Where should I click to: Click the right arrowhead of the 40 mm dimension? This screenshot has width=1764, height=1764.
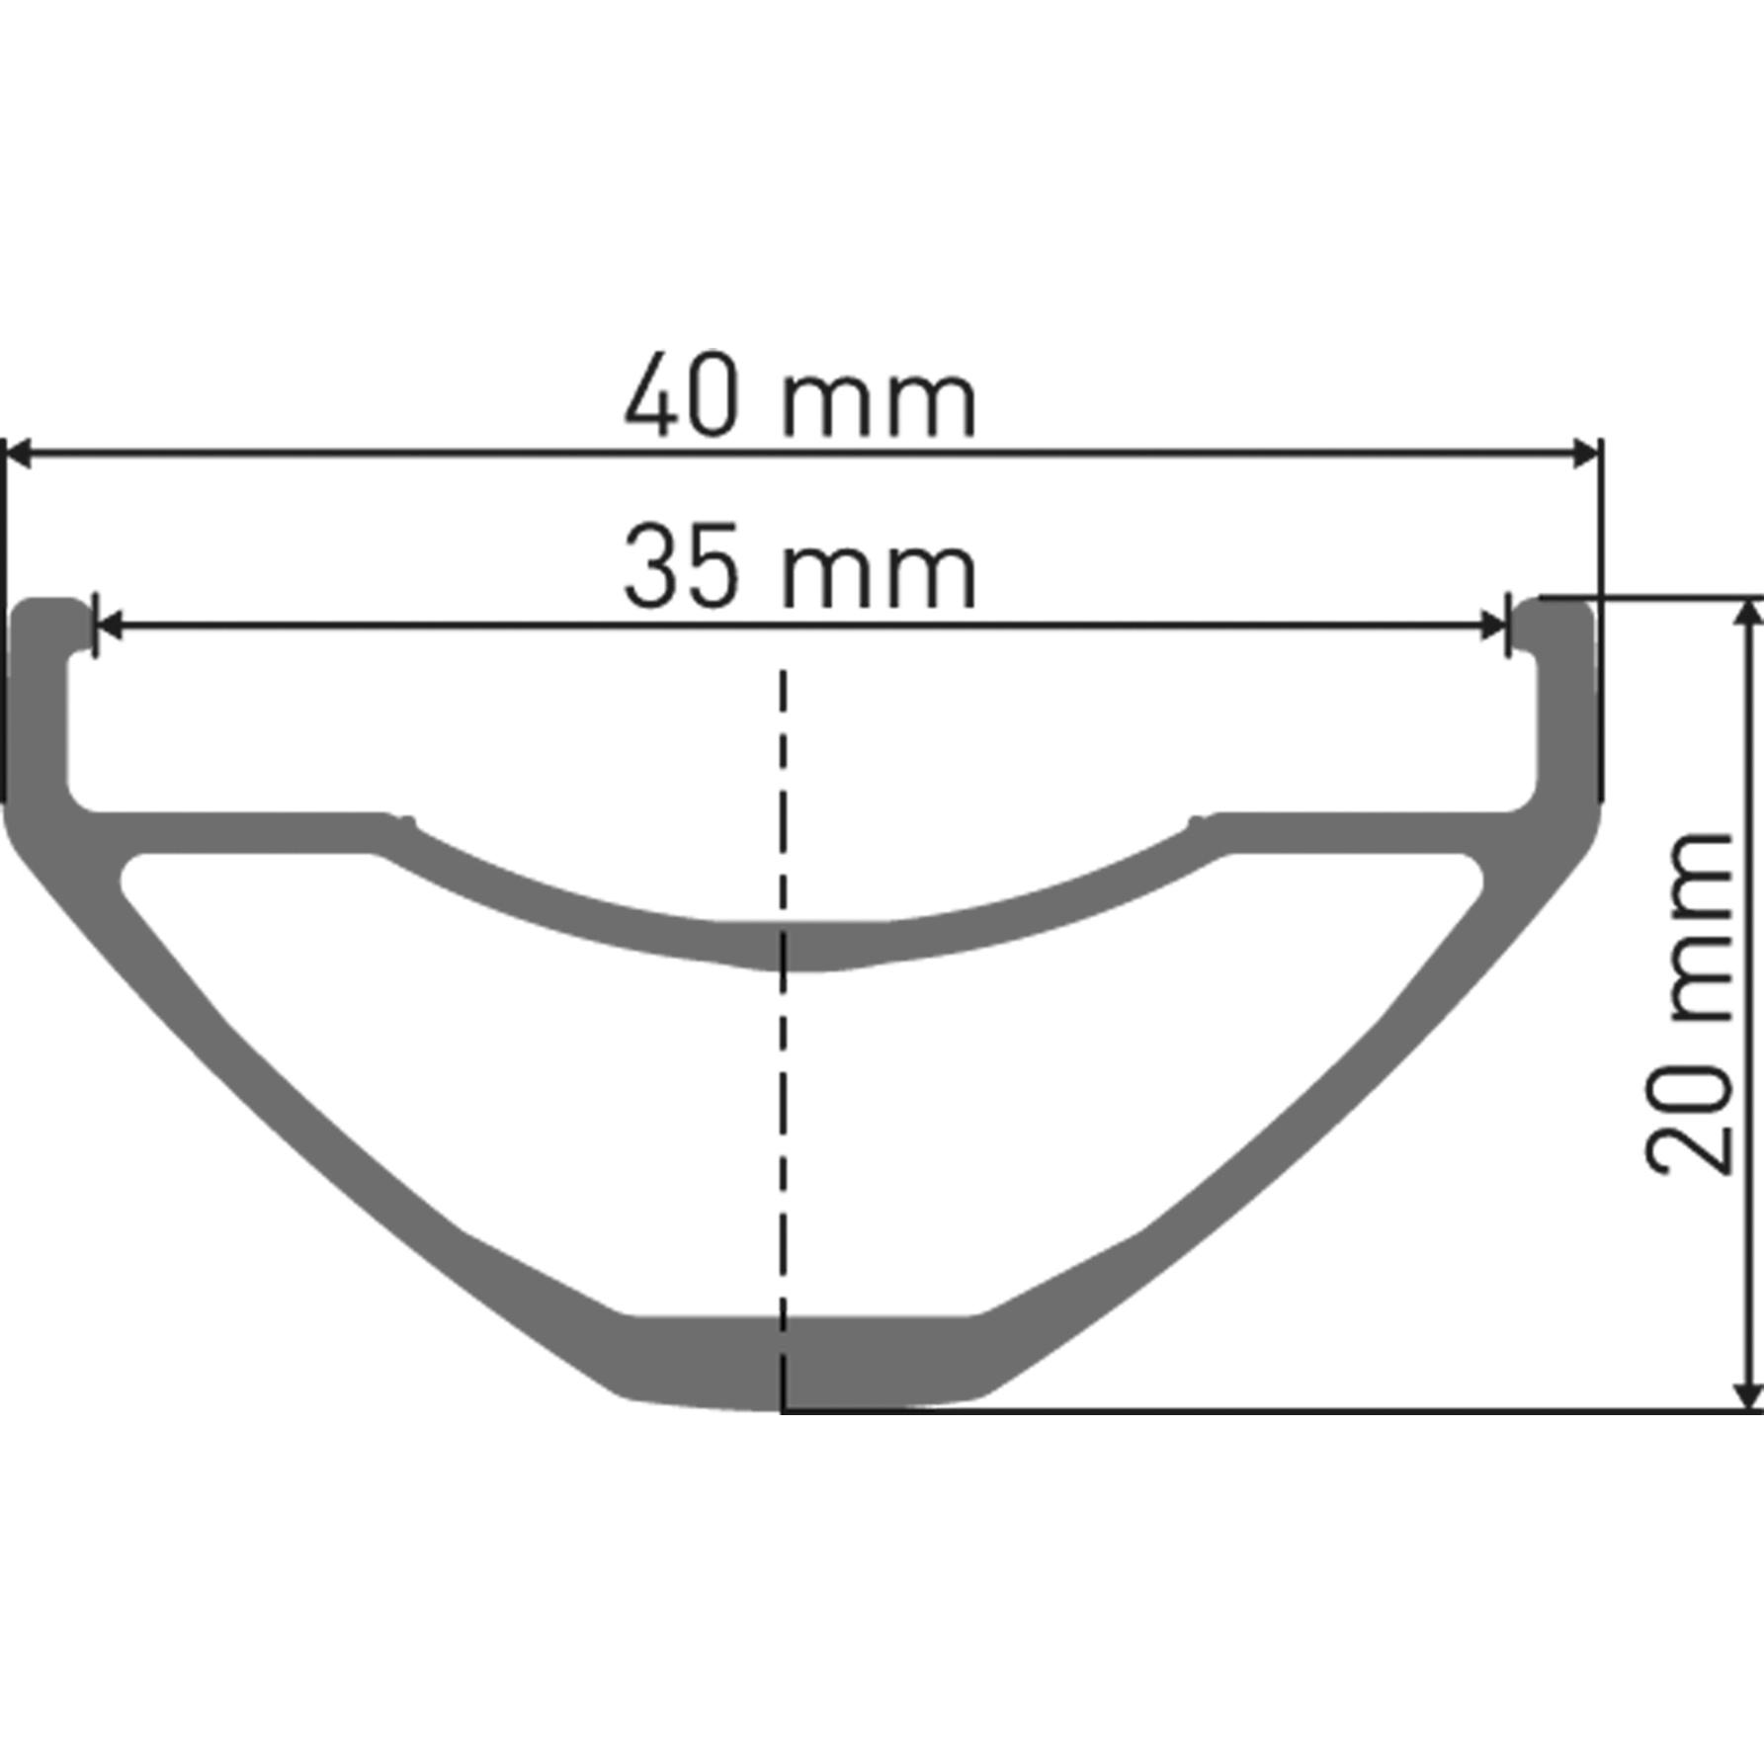(x=1587, y=455)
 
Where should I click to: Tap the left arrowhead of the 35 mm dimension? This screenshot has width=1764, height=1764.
(x=109, y=625)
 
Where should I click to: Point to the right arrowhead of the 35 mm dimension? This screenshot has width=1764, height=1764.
(x=1493, y=625)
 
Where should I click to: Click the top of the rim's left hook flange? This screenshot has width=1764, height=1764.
(x=49, y=604)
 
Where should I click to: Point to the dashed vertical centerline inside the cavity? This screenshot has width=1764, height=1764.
(x=783, y=1136)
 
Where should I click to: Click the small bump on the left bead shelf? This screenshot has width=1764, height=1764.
(x=404, y=819)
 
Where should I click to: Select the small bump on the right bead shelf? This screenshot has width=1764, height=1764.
(x=1198, y=819)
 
